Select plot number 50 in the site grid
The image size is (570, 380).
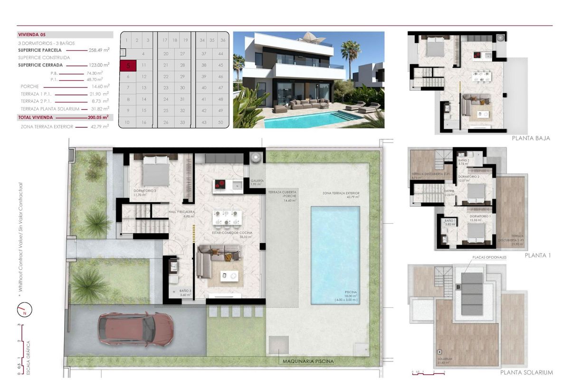pyautogui.click(x=220, y=123)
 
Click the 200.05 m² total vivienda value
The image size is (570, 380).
pyautogui.click(x=99, y=117)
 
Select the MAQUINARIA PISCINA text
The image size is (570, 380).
pyautogui.click(x=308, y=361)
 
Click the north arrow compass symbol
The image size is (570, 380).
pyautogui.click(x=23, y=310)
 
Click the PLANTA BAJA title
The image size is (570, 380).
pyautogui.click(x=531, y=138)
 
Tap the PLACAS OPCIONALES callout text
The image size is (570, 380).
pyautogui.click(x=489, y=257)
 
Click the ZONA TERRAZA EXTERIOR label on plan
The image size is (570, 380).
pyautogui.click(x=341, y=193)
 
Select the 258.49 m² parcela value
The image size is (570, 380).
pyautogui.click(x=99, y=49)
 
